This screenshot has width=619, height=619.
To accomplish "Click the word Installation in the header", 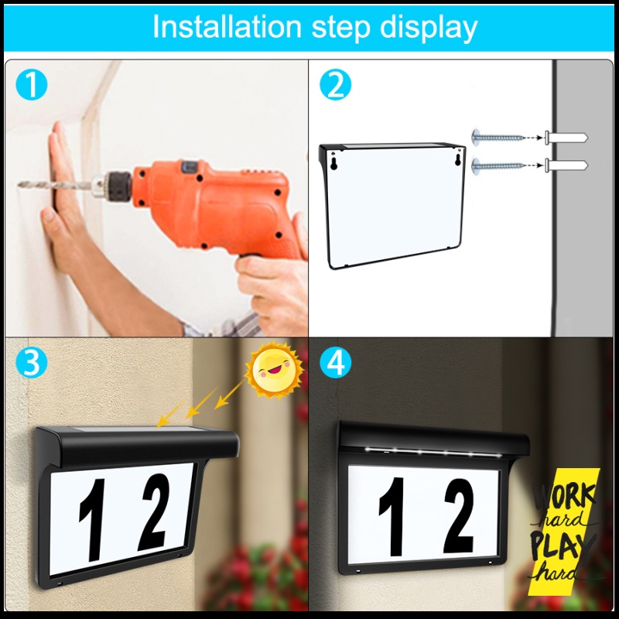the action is [227, 27].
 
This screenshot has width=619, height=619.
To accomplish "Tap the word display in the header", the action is [429, 29].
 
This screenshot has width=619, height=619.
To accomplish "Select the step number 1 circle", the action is [32, 84].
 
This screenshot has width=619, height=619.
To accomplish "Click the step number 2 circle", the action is [335, 84].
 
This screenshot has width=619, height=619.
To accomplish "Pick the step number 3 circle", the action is [32, 362].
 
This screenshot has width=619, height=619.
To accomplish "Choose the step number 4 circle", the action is [335, 362].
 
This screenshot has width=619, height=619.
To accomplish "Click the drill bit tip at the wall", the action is [19, 184].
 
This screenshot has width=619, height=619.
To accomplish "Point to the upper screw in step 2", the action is [498, 138].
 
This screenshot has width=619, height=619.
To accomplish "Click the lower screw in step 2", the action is [498, 166].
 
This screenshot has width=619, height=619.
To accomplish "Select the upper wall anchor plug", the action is [566, 138].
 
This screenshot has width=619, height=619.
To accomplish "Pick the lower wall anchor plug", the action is [566, 166].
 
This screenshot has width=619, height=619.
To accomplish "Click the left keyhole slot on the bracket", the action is [334, 163].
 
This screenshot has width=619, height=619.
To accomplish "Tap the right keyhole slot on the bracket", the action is [458, 159].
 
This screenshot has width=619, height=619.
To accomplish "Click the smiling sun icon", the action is [275, 371].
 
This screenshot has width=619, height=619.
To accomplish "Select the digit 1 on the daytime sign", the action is [92, 519].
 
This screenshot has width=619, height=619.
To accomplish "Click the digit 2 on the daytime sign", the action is [153, 512].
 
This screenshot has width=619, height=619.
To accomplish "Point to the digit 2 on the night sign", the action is [458, 515].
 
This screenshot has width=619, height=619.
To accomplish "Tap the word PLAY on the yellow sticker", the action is [562, 545].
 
